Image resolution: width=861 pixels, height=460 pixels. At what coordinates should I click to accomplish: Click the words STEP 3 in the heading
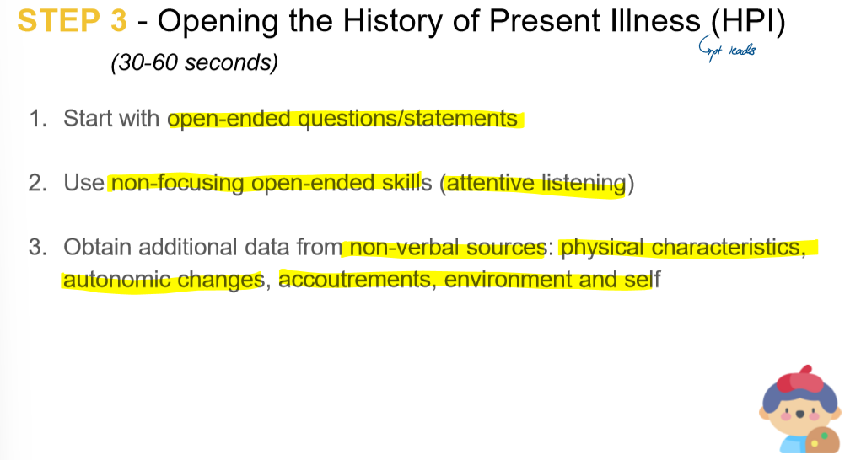pos(72,21)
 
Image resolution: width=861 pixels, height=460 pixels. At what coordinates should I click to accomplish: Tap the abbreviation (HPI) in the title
pos(748,22)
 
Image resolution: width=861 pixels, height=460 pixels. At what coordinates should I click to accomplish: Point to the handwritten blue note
pos(727,51)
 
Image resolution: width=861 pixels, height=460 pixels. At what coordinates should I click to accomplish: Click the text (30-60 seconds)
pos(194,63)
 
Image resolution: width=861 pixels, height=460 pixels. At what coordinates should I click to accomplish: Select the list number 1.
pos(36,119)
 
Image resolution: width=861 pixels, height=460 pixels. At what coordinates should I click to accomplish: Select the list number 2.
pos(36,183)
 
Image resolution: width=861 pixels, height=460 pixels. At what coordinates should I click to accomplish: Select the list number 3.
pos(36,248)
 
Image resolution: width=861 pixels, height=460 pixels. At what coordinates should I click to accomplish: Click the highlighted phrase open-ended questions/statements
pos(343,119)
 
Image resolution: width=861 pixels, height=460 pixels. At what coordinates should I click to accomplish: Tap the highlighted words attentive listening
pos(535,183)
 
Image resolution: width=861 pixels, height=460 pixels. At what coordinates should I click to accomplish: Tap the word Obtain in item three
pos(98,248)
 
